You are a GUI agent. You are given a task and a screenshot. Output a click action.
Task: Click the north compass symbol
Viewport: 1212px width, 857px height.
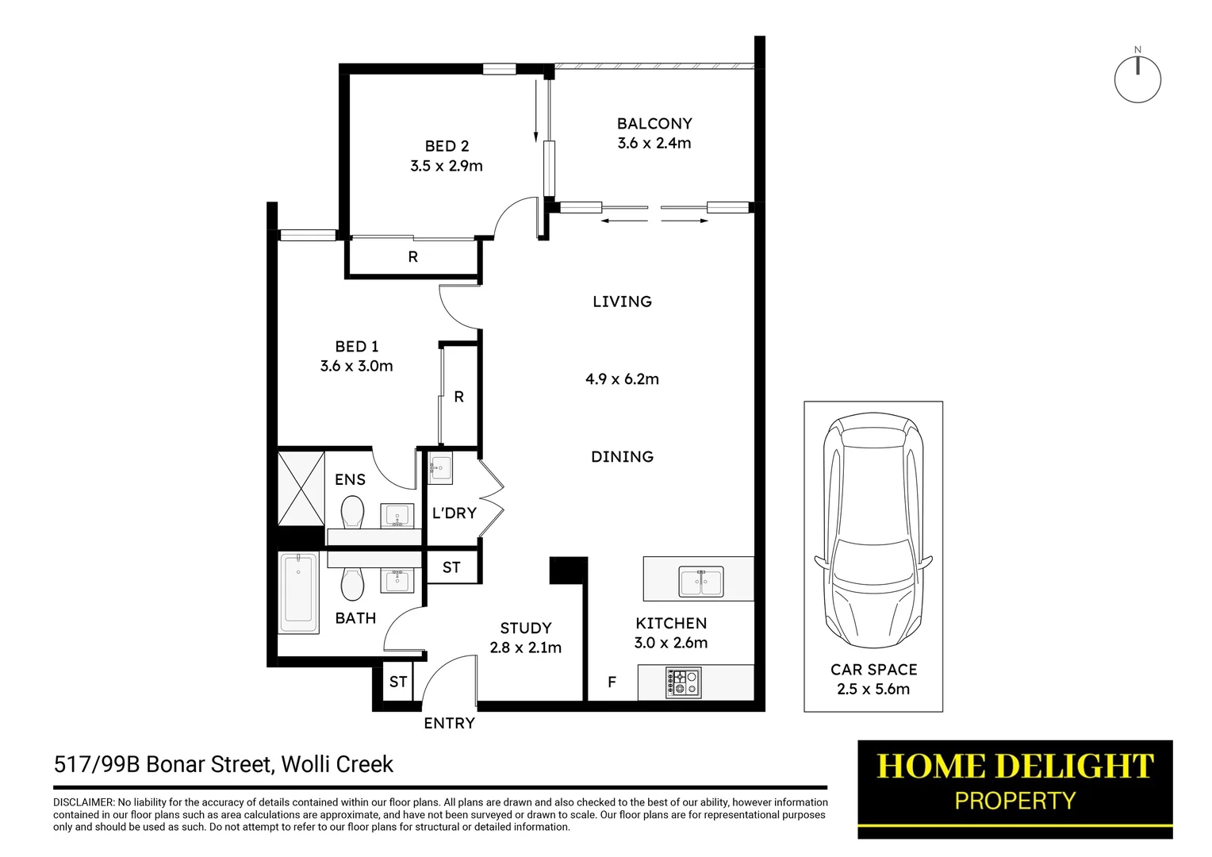tap(1137, 79)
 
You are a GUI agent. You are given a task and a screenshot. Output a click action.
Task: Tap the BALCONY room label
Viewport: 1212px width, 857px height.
tap(654, 124)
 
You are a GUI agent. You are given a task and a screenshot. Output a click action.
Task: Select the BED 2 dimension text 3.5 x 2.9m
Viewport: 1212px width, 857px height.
tap(447, 166)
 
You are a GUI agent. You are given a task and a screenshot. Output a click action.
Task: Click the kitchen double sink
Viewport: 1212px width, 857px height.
tap(701, 582)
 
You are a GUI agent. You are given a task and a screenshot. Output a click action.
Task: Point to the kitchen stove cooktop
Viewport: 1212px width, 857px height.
tap(683, 682)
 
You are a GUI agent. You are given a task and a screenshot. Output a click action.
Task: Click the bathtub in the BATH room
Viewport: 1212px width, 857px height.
tap(299, 593)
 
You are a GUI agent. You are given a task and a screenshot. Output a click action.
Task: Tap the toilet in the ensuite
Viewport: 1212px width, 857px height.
tap(352, 512)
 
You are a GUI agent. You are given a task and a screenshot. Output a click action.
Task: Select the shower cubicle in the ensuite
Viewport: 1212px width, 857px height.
tap(301, 488)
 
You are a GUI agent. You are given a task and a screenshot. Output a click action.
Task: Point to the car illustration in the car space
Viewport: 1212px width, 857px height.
tap(873, 532)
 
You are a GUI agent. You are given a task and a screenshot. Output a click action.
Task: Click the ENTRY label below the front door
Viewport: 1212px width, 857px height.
tap(449, 724)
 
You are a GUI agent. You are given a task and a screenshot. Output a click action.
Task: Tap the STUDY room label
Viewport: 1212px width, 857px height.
tap(526, 628)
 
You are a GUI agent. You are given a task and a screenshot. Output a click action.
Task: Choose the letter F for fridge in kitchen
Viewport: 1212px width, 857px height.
tap(612, 682)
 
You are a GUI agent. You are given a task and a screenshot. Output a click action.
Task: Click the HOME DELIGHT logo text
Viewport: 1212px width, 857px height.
tap(1014, 767)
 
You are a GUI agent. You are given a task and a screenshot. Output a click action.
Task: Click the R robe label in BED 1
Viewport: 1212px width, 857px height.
tap(458, 397)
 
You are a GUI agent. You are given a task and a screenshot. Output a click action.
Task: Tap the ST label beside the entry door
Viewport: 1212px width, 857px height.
tap(398, 682)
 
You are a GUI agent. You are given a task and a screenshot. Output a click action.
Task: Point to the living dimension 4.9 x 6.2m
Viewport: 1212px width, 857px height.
tap(622, 379)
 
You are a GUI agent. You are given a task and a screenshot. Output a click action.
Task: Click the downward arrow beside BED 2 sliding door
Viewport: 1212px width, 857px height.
tap(536, 111)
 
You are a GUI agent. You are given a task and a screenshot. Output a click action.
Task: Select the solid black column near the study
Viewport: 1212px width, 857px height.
tap(568, 570)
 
